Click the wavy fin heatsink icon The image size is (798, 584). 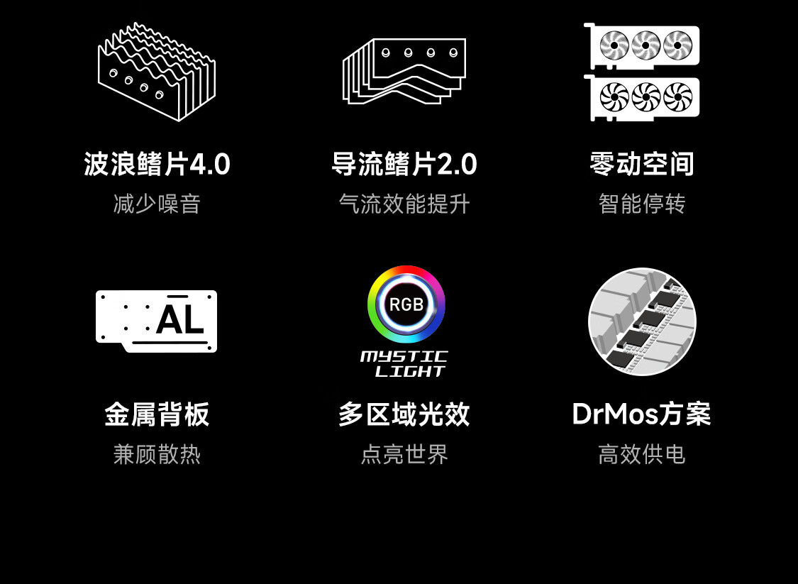(x=157, y=72)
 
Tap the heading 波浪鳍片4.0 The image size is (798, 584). (x=157, y=165)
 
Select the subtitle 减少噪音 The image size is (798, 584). (x=157, y=204)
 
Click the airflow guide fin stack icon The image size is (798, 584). (x=404, y=72)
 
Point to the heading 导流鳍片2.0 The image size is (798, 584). (x=404, y=165)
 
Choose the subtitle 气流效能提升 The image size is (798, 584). (x=404, y=204)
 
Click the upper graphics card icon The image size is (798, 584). (x=643, y=46)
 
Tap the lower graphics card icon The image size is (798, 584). (x=643, y=97)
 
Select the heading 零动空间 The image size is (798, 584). (x=642, y=165)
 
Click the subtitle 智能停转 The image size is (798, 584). (x=642, y=204)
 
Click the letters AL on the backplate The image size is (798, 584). (x=179, y=320)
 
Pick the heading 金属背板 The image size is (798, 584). (x=157, y=414)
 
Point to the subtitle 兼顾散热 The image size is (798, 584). (x=157, y=454)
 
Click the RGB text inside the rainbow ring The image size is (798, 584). (x=406, y=304)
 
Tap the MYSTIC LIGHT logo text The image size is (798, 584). (x=404, y=363)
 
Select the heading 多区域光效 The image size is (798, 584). (x=404, y=414)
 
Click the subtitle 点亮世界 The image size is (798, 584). (x=404, y=454)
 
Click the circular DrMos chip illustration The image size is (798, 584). (x=642, y=321)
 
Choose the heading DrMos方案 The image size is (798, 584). (x=642, y=414)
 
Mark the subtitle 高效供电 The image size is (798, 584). (x=642, y=454)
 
